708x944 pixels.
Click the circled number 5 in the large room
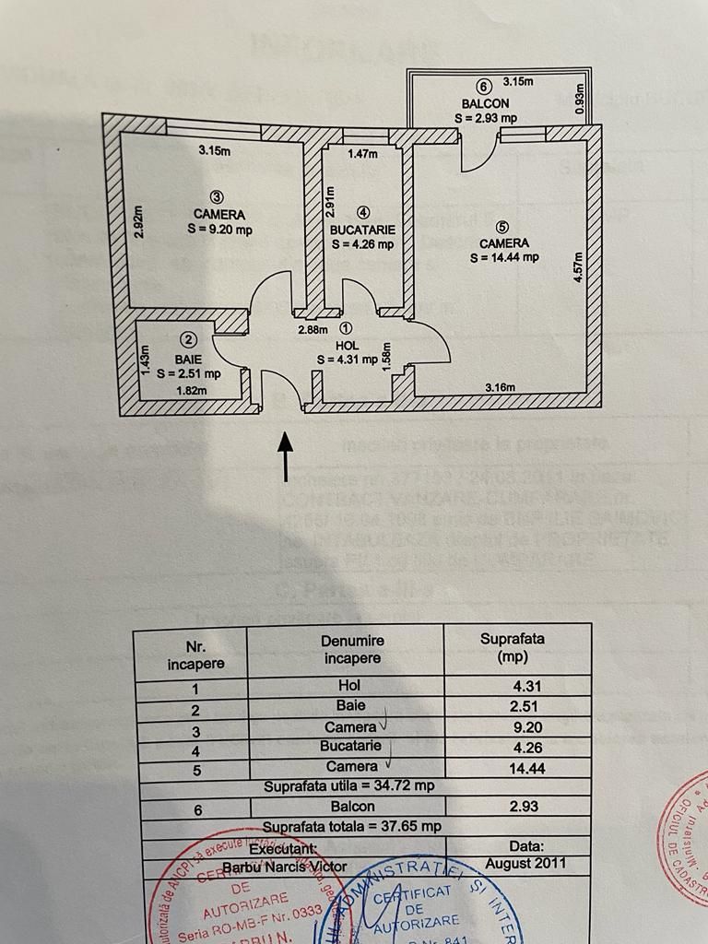tap(501, 227)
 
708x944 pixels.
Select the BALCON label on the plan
tap(485, 104)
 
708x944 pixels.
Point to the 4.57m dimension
tap(578, 267)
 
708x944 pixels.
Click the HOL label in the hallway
tap(346, 344)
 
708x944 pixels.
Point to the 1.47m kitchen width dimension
tap(362, 154)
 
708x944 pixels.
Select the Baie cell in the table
tap(350, 706)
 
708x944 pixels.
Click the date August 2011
tap(525, 864)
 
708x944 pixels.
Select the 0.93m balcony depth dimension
tap(579, 100)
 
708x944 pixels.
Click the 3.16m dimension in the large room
tap(501, 387)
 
